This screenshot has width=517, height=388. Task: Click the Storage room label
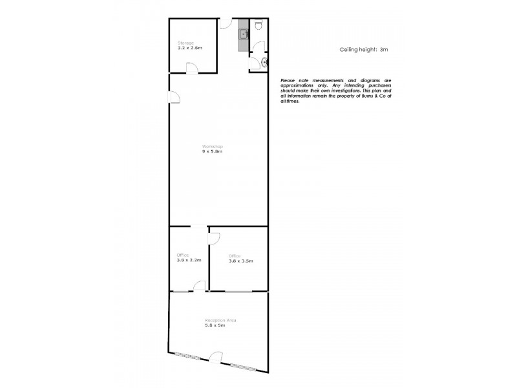click(x=185, y=43)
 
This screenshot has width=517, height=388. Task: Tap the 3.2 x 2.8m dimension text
click(x=190, y=48)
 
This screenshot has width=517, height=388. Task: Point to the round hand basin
click(x=264, y=62)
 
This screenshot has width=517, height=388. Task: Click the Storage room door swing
click(x=191, y=68)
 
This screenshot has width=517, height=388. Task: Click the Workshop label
click(x=212, y=147)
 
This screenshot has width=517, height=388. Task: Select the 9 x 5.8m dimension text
click(x=212, y=152)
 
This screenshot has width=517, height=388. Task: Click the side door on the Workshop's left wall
click(x=174, y=98)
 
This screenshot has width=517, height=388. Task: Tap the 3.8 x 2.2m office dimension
click(x=189, y=261)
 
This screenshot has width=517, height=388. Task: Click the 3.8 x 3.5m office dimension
click(x=240, y=261)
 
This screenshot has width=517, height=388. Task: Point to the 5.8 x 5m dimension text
click(x=216, y=325)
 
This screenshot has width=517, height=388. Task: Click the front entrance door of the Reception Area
click(x=216, y=358)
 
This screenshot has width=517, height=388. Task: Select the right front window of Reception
click(x=244, y=367)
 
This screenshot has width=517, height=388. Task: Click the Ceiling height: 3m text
click(x=364, y=49)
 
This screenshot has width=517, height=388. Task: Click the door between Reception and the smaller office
click(x=200, y=286)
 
